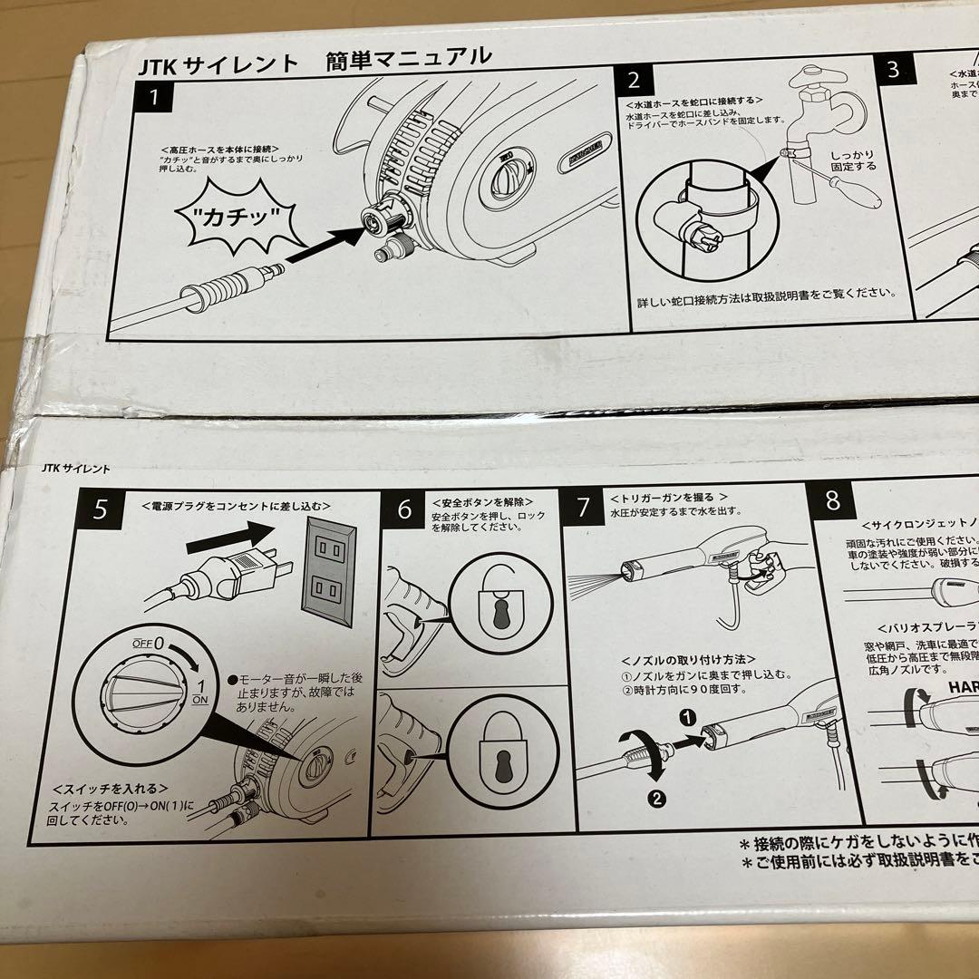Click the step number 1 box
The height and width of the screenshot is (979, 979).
tap(156, 97)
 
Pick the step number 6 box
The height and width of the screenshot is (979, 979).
tap(403, 509)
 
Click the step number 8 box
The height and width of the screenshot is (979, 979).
tap(832, 499)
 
